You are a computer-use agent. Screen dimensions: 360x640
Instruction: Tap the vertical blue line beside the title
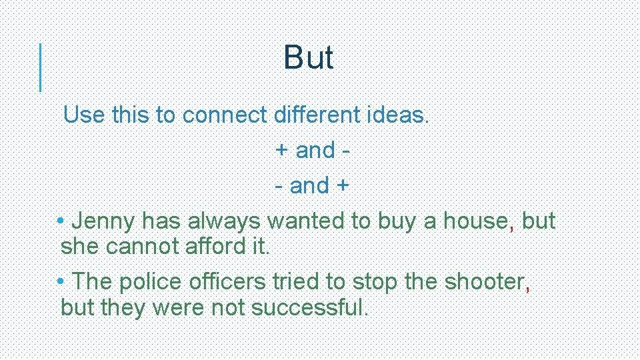(41, 67)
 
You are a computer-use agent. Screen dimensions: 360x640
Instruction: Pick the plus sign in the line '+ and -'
(282, 151)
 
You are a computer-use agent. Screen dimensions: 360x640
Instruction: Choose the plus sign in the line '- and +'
(342, 185)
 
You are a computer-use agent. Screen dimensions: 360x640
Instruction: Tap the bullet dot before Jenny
(61, 221)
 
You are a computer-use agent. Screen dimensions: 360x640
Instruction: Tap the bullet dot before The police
(61, 281)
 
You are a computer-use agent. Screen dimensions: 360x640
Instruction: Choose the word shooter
(485, 282)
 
